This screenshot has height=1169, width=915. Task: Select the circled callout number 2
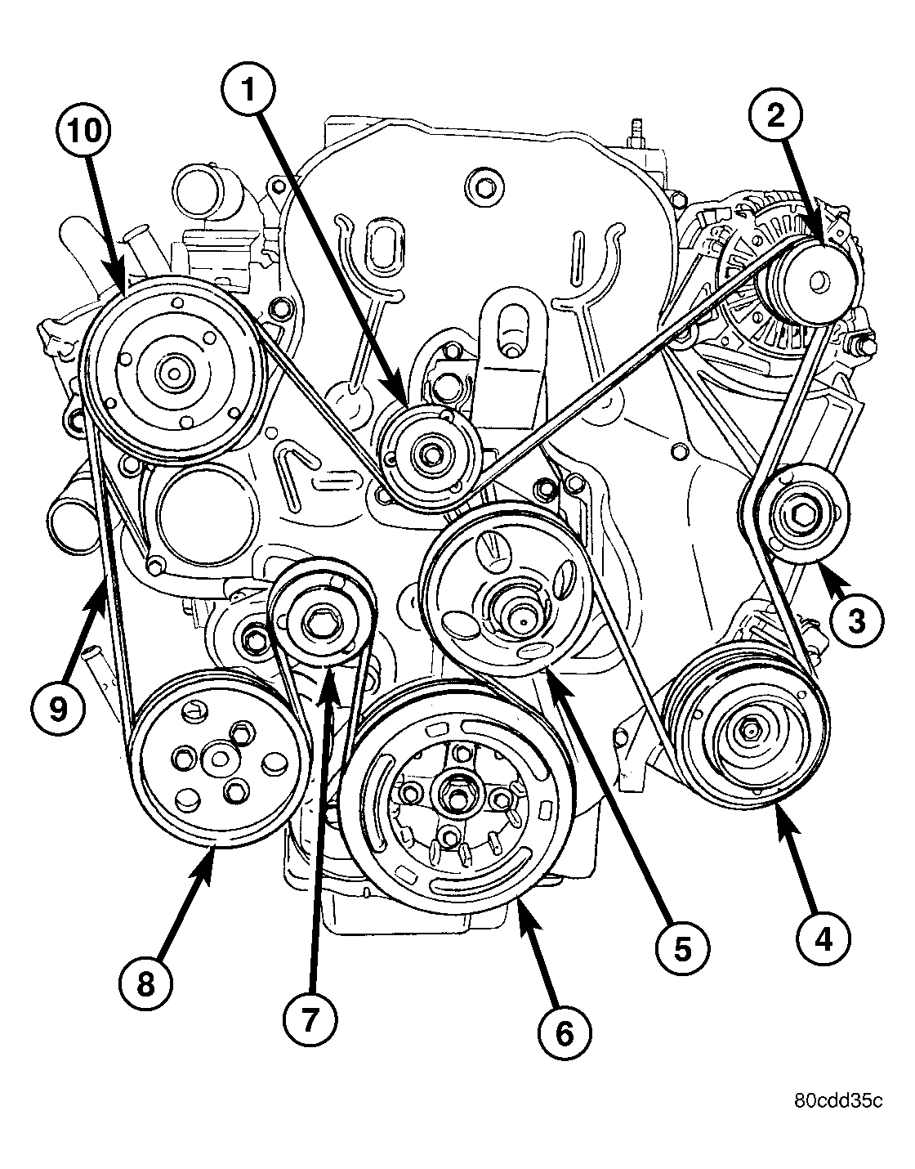coord(774,115)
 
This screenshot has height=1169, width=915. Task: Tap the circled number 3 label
coord(856,620)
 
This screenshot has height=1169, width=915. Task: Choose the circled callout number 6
coord(565,1033)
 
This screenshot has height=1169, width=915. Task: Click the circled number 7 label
coord(310,1020)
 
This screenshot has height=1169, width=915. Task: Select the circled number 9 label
coord(57,709)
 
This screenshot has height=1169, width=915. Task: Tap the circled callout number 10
coord(84,132)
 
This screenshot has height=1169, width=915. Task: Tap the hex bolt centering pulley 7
coord(315,623)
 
